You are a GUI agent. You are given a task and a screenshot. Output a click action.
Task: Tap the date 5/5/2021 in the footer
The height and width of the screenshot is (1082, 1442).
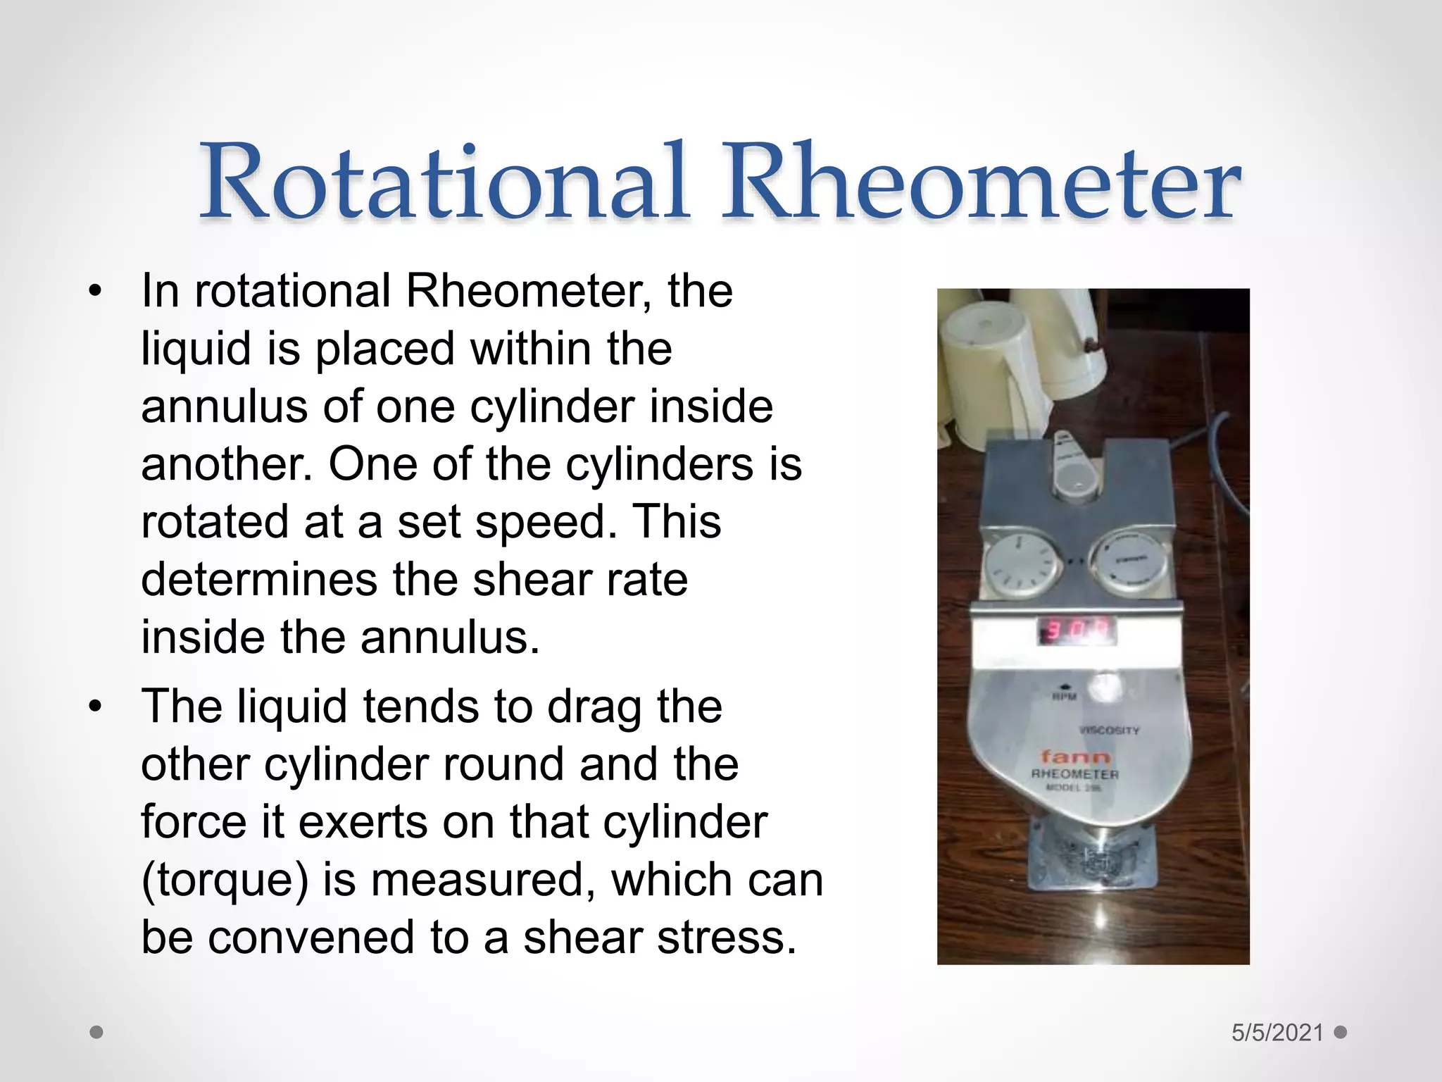click(1277, 1033)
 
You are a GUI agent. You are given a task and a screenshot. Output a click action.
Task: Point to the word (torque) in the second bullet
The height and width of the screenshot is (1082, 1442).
click(225, 880)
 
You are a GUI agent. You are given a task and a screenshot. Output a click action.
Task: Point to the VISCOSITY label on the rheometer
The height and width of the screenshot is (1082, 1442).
click(1108, 730)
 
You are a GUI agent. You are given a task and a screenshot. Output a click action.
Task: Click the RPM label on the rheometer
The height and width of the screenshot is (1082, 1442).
click(1065, 697)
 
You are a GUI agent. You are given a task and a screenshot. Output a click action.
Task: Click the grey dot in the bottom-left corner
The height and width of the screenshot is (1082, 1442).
click(97, 1033)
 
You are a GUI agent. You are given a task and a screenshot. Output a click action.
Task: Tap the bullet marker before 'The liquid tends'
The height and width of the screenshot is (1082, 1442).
click(96, 707)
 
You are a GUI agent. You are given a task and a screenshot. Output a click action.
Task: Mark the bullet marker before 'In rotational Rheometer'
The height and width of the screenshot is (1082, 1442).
click(96, 291)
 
